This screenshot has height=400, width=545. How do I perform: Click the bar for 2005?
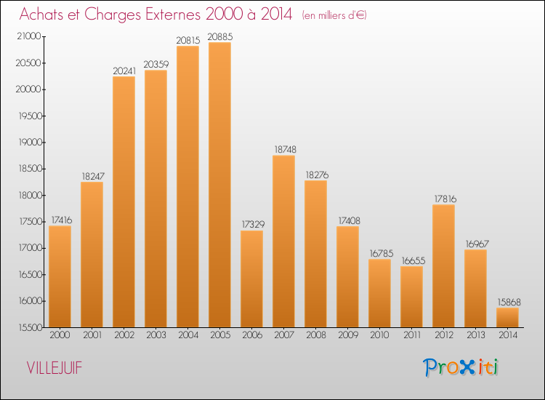pos(219,185)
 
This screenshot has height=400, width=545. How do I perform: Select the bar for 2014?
pos(507,318)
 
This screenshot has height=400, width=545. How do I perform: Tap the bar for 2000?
pos(60,276)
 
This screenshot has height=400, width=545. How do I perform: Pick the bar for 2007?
pos(283,241)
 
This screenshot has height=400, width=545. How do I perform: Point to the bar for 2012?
pos(443,266)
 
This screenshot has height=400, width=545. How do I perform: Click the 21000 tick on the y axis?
pos(30,37)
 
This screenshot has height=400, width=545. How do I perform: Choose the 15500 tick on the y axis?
pos(30,327)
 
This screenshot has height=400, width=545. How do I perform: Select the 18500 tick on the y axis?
pos(30,169)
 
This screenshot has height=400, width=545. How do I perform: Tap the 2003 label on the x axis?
pos(156,336)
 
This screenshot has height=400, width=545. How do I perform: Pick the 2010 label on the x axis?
pos(379,336)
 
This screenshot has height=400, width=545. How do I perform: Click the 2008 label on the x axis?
pos(315,336)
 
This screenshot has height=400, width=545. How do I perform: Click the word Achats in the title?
pos(43,14)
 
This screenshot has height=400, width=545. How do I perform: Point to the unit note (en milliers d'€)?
pos(335,15)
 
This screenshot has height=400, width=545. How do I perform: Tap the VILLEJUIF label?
pos(54,368)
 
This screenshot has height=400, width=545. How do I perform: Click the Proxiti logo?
pos(461,367)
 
